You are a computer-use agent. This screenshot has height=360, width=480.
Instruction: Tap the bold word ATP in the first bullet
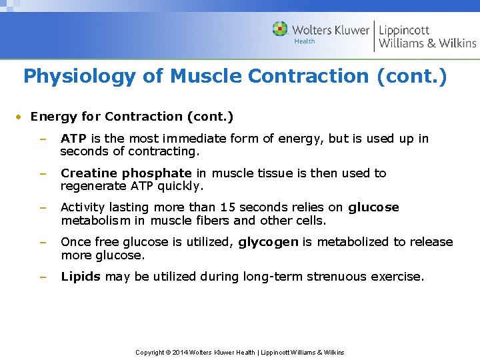[73, 139]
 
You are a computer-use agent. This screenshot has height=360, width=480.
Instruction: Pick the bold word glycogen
[268, 242]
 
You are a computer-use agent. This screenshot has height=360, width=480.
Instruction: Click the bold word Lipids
[81, 277]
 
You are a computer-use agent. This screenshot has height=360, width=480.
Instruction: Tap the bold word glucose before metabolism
[373, 207]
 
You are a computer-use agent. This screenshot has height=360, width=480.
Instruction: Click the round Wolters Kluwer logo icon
[281, 29]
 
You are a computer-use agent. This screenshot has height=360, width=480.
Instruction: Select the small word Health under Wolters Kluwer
[304, 41]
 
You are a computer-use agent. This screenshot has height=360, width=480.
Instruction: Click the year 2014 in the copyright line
[180, 352]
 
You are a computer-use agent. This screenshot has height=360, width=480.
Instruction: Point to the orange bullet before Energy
[20, 117]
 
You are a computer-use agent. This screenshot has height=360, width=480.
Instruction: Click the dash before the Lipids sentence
[43, 277]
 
